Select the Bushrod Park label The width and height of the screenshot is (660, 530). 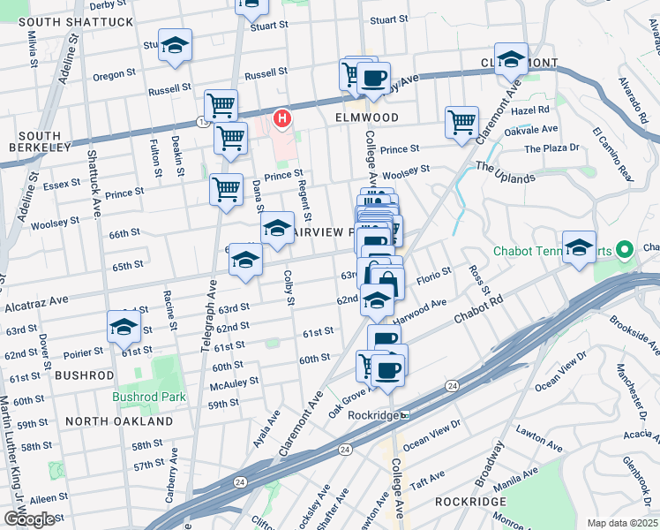149,397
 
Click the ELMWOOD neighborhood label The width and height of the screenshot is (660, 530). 367,117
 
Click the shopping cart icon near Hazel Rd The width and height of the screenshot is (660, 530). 461,122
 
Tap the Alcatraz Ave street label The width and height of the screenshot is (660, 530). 37,303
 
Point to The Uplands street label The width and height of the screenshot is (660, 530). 506,171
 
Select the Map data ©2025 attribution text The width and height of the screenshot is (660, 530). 622,523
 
